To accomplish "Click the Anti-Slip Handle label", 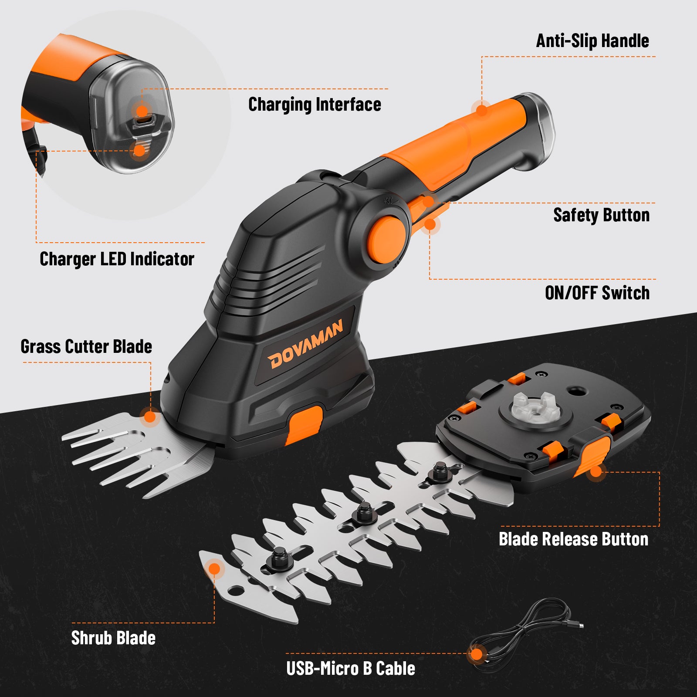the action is pos(592,41).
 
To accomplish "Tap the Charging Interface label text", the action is pos(315,105).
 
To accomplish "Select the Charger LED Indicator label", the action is pos(117,259).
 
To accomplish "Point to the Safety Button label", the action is pos(601,215).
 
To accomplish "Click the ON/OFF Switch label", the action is pos(597,293).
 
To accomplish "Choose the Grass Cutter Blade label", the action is pos(86,347).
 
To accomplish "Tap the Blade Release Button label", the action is pos(573,539).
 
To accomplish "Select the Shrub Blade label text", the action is pos(113,638).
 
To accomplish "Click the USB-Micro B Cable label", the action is pos(351,669).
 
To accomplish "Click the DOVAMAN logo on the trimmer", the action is pos(305,345).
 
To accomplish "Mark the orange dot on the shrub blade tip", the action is pos(214,569).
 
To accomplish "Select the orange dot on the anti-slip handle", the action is pos(481,110).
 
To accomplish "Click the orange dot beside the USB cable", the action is pos(477,654).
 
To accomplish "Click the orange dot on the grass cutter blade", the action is pos(149,417).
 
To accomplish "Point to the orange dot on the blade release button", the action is pos(595,471).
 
